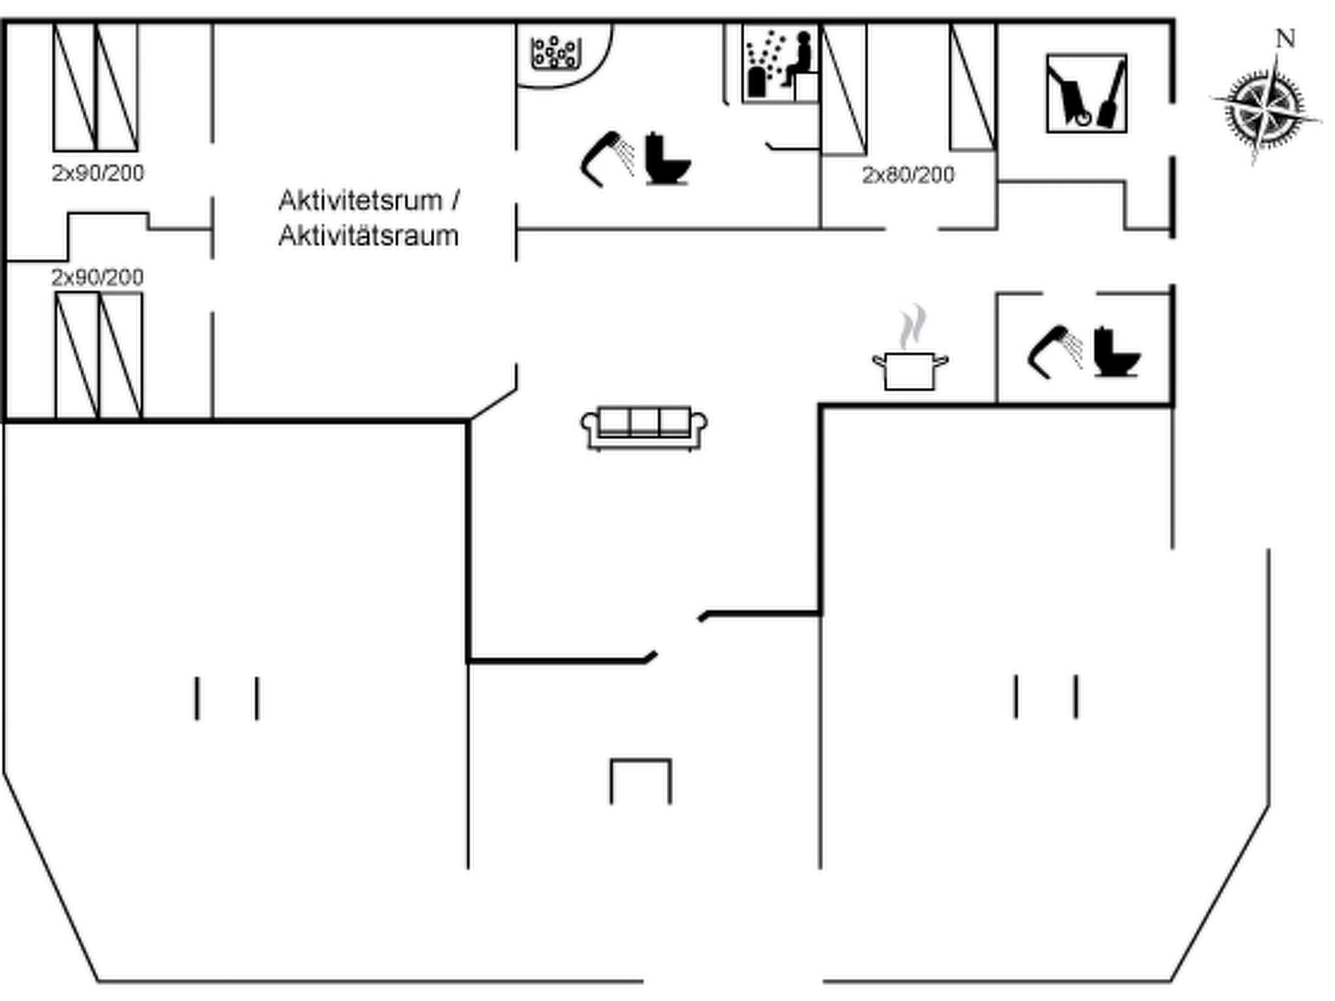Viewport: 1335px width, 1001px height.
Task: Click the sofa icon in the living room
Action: click(644, 428)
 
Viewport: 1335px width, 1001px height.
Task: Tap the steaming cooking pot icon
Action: click(910, 370)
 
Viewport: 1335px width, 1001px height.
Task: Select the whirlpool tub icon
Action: click(555, 53)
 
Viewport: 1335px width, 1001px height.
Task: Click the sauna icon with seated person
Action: click(780, 64)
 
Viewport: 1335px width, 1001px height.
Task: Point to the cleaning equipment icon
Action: click(1086, 93)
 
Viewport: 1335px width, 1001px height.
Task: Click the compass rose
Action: click(1265, 108)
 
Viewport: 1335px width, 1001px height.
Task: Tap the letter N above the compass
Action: click(1285, 39)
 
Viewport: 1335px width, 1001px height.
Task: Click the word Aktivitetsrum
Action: click(360, 201)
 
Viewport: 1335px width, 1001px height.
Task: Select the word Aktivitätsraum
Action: click(368, 236)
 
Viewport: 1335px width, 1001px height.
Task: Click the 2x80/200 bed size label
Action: click(908, 175)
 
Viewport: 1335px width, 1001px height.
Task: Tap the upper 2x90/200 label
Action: click(98, 173)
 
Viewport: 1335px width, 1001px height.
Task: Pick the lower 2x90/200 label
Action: click(98, 278)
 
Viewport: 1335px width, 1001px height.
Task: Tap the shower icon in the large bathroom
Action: click(607, 158)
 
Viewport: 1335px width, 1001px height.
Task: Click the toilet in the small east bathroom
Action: click(1116, 352)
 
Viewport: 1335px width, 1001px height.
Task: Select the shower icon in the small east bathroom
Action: click(1054, 351)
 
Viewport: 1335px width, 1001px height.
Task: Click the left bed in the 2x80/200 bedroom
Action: click(844, 89)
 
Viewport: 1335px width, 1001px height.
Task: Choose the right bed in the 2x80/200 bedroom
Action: click(973, 87)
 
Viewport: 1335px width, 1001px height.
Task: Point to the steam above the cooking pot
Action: click(913, 326)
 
